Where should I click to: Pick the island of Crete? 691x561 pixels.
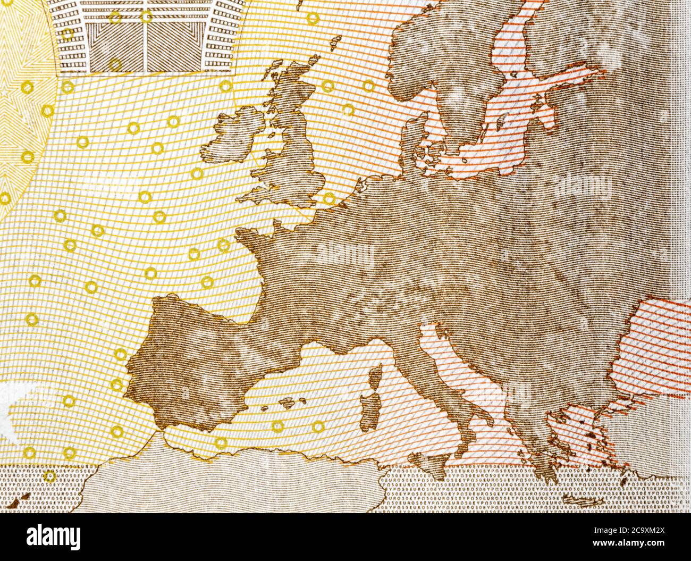point(582,500)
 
